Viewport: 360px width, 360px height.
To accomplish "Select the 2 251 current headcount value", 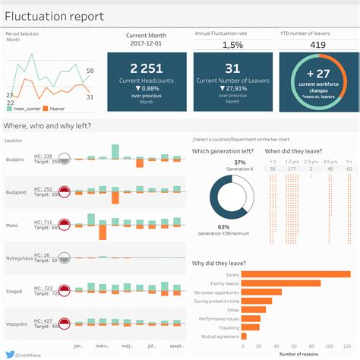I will click(147, 68).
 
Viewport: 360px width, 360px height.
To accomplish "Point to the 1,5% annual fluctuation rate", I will click(232, 46).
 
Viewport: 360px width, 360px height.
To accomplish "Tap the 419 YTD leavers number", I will click(317, 45).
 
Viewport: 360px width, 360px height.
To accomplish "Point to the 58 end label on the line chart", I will click(90, 71).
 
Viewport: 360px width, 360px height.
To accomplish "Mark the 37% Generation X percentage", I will click(218, 163).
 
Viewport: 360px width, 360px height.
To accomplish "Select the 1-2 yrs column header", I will click(291, 162).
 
